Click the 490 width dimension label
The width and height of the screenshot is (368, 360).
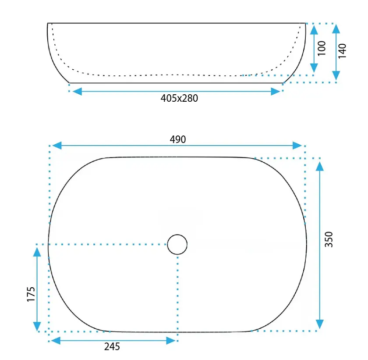pos(178,139)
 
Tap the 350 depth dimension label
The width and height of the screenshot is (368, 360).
pos(329,239)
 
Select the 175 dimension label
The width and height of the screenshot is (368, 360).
pos(31,294)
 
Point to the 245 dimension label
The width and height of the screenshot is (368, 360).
pos(112,346)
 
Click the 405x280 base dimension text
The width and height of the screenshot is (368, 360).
pos(179,98)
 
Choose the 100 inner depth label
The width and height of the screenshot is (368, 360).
pos(322,48)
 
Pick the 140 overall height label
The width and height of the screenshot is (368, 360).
pos(342,51)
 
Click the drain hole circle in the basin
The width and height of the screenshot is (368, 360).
pos(177,244)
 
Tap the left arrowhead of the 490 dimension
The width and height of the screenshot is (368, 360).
pos(57,146)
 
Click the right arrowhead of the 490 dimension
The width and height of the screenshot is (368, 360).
pos(297,146)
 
